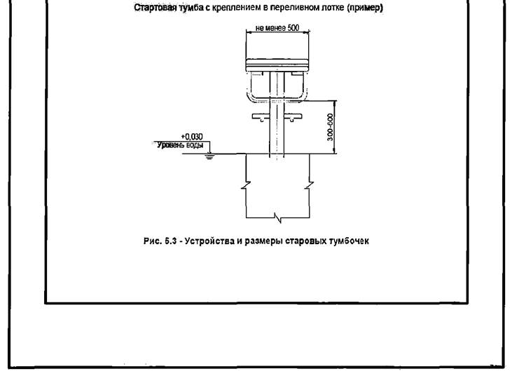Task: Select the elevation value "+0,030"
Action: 201,137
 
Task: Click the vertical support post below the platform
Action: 277,133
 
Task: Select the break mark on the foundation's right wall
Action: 309,187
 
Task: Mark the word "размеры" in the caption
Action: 256,241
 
